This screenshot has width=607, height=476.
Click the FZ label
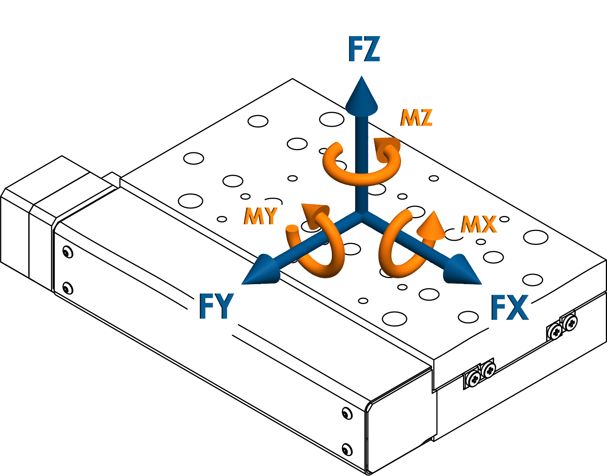coord(364,49)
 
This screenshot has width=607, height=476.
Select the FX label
coord(510,307)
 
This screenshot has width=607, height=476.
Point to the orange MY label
coord(260,216)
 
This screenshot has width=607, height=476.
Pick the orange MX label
coord(479,224)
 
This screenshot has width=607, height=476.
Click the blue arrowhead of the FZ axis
coord(362,96)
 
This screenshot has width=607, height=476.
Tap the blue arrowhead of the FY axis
coord(263,271)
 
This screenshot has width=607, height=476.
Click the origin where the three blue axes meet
coord(362,215)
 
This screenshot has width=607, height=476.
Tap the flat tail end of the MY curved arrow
coord(292,228)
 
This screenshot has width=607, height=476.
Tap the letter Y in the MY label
coord(269,216)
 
